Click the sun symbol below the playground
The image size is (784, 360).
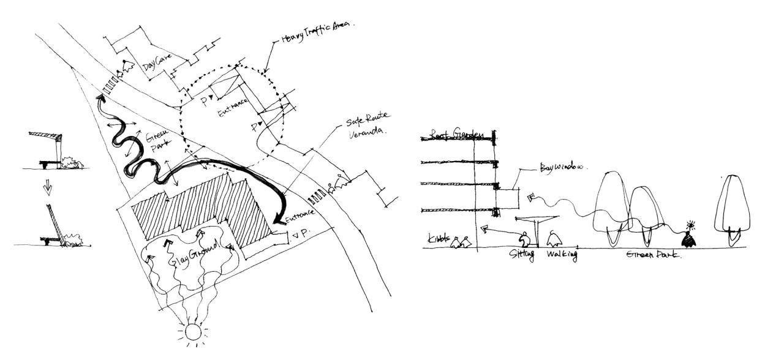194,332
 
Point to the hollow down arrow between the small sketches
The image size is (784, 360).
47,189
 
